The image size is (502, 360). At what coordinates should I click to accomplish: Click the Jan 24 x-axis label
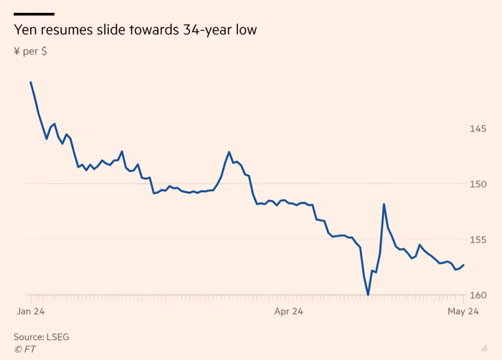click(x=32, y=311)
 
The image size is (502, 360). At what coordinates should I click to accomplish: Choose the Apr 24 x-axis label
click(x=288, y=311)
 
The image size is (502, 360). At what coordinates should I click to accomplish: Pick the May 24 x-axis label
click(x=463, y=311)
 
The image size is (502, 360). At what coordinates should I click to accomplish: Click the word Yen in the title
click(x=26, y=30)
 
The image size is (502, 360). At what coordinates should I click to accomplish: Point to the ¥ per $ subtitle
click(x=30, y=52)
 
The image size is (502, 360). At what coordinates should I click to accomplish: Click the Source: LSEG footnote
click(x=42, y=336)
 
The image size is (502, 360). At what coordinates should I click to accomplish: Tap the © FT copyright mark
click(x=24, y=349)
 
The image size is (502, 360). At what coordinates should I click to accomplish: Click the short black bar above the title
click(x=34, y=14)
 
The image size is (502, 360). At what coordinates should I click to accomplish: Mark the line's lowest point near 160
click(x=368, y=295)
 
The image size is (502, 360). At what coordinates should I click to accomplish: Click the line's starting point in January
click(x=30, y=82)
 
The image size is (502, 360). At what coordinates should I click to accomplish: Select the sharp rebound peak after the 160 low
click(x=384, y=204)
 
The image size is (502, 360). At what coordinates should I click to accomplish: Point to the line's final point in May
click(x=464, y=265)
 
